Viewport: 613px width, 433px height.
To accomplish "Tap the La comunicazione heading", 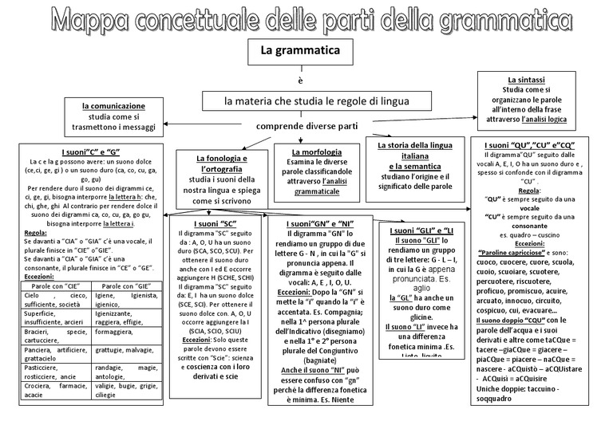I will tap(113, 105).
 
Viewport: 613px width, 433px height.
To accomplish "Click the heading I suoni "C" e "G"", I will tap(90, 152).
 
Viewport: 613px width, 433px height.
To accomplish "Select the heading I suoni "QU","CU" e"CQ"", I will tap(532, 144).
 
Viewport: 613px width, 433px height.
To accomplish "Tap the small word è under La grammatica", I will tap(301, 81).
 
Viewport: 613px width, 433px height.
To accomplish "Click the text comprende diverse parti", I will tap(306, 127).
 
